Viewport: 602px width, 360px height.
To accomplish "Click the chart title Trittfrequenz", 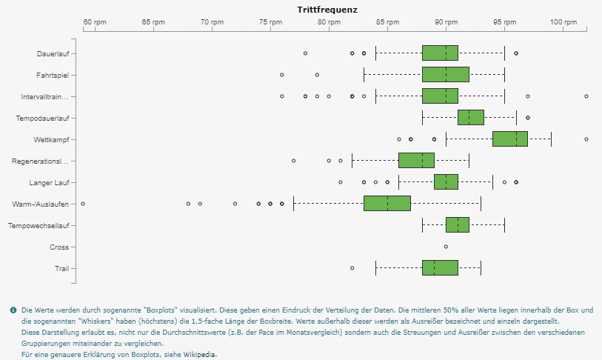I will coord(327,10).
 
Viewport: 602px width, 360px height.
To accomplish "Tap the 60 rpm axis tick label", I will coord(95,22).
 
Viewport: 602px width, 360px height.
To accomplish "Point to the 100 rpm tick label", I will coord(563,22).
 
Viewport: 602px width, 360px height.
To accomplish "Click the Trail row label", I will coord(63,268).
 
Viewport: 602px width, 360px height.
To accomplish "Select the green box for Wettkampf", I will coord(510,139).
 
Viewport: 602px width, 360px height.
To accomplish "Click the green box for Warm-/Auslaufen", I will coord(387,204).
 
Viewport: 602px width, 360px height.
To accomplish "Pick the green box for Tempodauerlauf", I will coord(471,118).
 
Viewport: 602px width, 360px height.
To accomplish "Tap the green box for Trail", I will coord(440,268).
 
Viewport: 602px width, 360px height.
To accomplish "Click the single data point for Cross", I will coord(446,247).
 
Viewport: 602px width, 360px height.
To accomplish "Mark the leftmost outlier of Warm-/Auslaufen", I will coord(83,204).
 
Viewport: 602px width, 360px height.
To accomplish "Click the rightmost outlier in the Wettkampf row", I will coord(586,139).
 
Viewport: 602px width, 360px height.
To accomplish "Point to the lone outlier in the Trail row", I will coord(352,268).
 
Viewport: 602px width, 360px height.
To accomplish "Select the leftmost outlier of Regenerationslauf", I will coord(294,161).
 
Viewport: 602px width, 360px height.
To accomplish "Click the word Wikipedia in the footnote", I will coord(201,355).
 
